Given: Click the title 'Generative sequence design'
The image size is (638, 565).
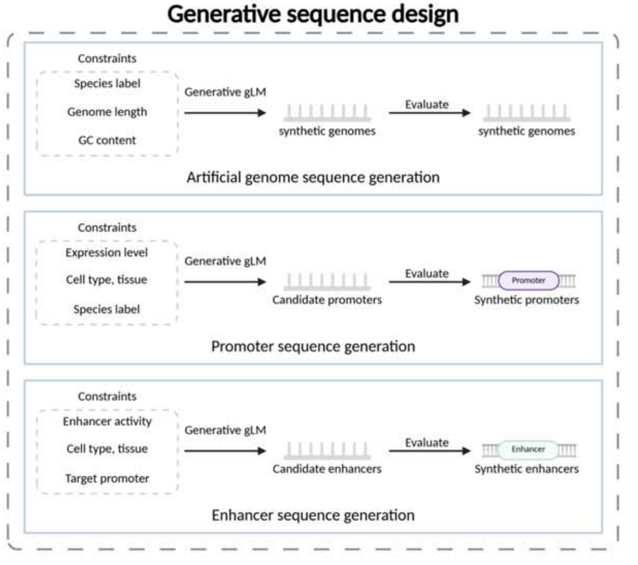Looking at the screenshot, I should pos(313,14).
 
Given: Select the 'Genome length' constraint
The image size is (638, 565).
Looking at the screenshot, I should pos(107,112).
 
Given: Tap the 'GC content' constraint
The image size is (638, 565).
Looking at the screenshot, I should pos(107,140).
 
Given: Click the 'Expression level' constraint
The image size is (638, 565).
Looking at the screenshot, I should pos(106,252).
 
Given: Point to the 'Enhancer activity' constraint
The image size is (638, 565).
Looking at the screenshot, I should pos(107,421).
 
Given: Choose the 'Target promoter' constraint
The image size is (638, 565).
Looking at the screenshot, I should pos(107,478).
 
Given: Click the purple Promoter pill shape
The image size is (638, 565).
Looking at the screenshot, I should pos(528,280).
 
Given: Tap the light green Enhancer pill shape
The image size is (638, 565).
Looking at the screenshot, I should pos(528,450).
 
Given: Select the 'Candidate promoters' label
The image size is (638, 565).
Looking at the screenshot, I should pos(327,300).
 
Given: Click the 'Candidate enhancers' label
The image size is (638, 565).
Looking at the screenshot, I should pos(327,469).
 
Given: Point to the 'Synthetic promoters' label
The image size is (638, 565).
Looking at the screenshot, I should pos(526,300).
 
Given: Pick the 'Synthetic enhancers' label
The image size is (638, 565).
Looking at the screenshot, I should pos(526,469).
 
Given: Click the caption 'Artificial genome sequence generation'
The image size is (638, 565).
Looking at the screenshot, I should pos(313,177).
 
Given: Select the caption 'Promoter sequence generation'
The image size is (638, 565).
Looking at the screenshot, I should pos(313,346).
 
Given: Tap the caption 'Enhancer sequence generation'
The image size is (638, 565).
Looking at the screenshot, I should pos(313,515).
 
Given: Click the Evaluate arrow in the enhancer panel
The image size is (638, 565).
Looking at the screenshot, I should pos(429,451).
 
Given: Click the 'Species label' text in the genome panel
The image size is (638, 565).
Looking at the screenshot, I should pos(107,83).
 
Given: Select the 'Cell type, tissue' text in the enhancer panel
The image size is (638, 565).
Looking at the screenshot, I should pos(107,448).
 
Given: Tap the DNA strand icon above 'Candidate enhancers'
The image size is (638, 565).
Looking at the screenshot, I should pos(327,451).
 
